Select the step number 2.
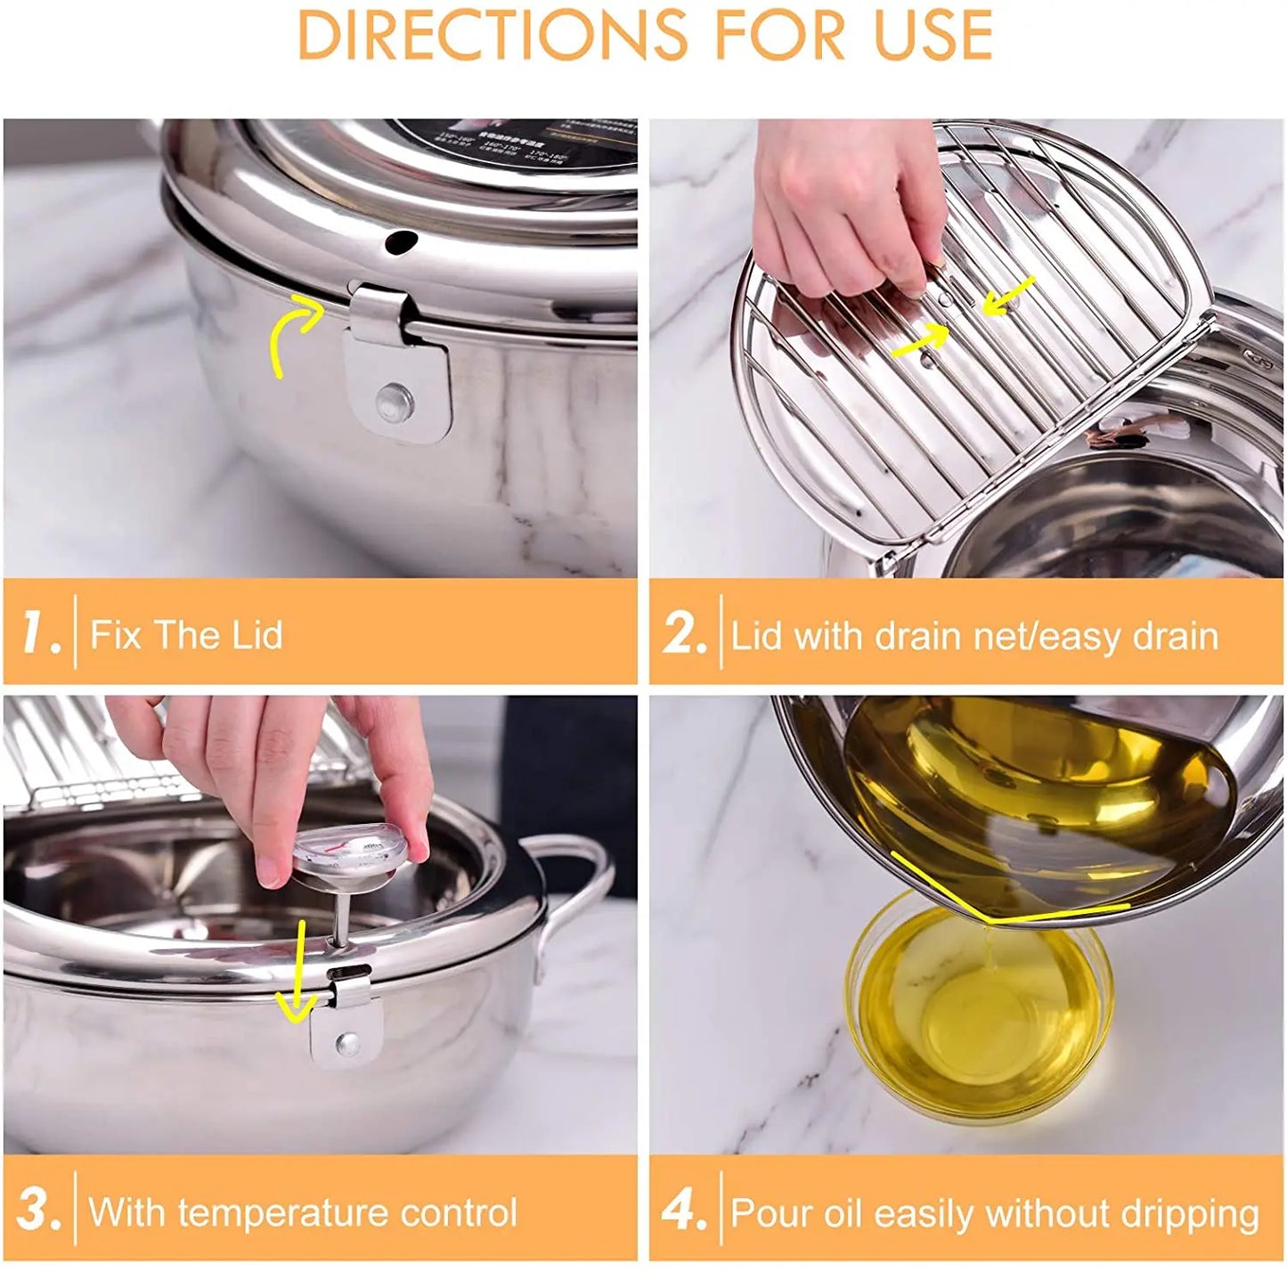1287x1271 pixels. (x=683, y=633)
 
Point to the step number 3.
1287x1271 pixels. (x=38, y=1210)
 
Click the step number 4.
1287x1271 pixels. (x=683, y=1210)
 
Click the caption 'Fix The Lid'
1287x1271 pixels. (x=186, y=635)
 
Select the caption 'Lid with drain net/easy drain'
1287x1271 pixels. (x=974, y=636)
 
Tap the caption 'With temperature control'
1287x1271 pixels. (x=303, y=1212)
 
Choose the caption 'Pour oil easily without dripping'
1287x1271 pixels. (x=995, y=1213)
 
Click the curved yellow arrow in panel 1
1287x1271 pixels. (x=294, y=334)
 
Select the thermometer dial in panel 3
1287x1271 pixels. (x=352, y=851)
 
